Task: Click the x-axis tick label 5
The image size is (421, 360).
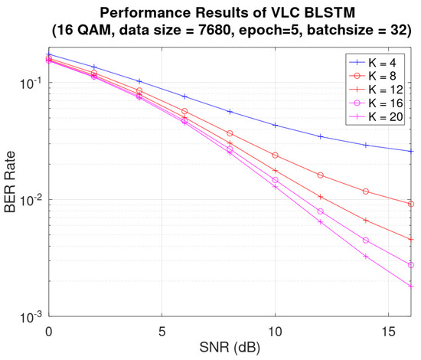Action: pos(162,332)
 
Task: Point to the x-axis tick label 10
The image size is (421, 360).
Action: pos(275,332)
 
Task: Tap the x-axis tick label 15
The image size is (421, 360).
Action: pos(388,332)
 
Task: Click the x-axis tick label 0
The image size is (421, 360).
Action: pos(48,332)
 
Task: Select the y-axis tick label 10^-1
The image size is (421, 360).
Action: pos(31,83)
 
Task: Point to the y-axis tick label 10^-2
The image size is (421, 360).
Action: pos(31,200)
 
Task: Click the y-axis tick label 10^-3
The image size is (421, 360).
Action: pos(31,318)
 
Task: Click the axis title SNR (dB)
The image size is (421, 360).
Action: pos(230,348)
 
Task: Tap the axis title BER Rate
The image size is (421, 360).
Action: pos(10,182)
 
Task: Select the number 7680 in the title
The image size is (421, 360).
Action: pos(214,30)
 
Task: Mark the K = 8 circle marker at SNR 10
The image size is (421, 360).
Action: pos(275,155)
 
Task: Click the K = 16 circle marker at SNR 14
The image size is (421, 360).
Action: pos(366,241)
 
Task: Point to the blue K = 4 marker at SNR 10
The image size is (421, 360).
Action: pos(275,125)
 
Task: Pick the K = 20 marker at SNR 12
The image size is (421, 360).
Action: pos(320,222)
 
